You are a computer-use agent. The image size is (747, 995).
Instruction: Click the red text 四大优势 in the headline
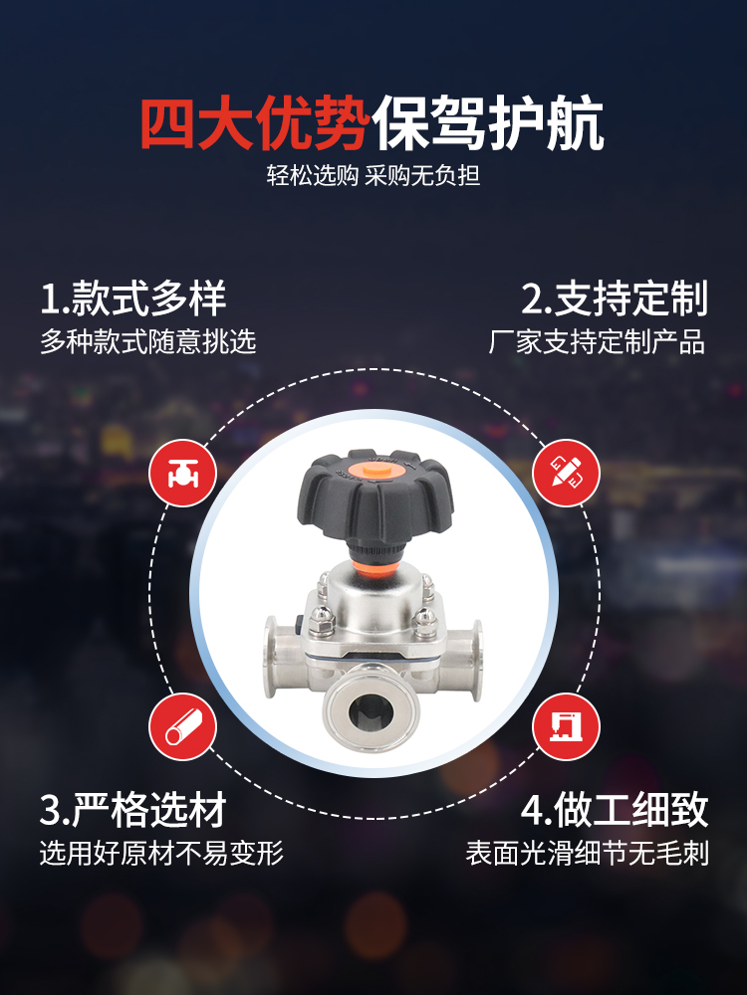[255, 123]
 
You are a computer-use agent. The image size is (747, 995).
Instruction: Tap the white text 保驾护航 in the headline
[487, 123]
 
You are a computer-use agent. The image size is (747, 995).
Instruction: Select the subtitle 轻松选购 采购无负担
[373, 175]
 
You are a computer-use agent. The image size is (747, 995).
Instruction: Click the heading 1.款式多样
[133, 298]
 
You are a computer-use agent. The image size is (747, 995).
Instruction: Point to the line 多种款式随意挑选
[148, 342]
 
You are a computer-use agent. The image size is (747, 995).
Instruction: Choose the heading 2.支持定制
[615, 298]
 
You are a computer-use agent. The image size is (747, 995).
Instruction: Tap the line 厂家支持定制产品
[597, 342]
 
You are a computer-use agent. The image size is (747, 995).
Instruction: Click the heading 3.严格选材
[133, 810]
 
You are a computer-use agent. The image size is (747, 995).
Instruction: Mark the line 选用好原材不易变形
[161, 854]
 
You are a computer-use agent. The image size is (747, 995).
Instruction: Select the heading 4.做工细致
[615, 810]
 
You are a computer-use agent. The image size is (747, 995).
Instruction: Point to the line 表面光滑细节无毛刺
[587, 854]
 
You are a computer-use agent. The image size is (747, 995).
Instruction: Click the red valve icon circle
[183, 473]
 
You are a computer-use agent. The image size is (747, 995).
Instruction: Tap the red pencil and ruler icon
[566, 473]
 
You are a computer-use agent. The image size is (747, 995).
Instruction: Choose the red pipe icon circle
[183, 726]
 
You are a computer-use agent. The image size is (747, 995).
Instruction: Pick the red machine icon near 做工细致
[566, 726]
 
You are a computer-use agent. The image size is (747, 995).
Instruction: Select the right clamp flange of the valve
[475, 660]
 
